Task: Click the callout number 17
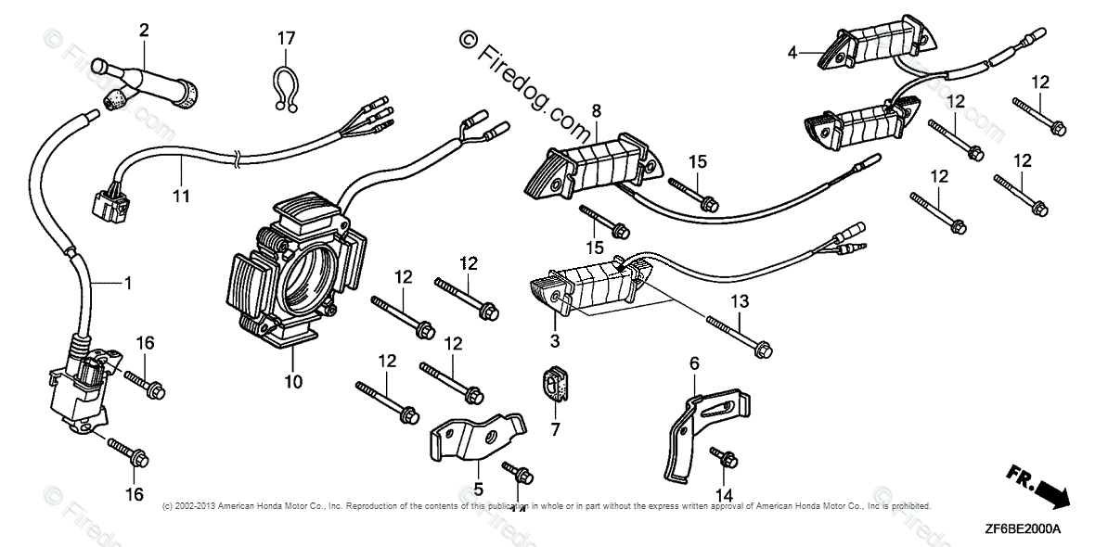pos(286,38)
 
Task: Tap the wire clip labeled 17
pos(285,89)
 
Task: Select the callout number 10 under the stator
pos(293,381)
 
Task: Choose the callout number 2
pos(144,31)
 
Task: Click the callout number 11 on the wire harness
pos(181,196)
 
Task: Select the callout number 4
pos(792,54)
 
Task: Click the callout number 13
pos(739,301)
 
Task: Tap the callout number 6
pos(693,363)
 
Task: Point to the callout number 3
pos(555,342)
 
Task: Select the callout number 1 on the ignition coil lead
pos(127,282)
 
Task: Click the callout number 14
pos(723,494)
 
